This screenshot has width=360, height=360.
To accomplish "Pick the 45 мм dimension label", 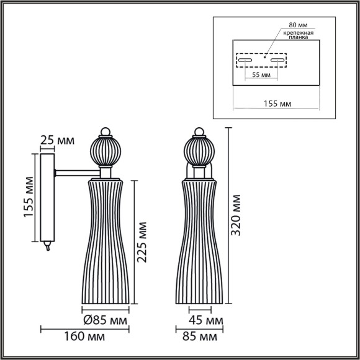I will [205, 320].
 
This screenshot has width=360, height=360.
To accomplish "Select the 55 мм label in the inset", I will [261, 74].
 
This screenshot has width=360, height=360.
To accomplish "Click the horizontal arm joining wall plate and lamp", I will [77, 170].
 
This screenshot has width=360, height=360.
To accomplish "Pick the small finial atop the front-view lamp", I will [200, 132].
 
